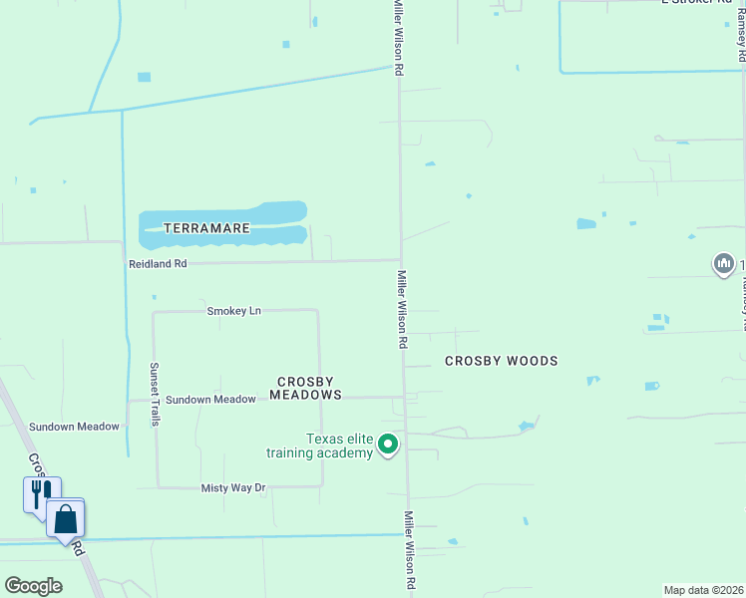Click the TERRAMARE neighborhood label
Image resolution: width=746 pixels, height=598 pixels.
click(206, 228)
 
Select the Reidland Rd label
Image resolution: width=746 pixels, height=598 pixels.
click(158, 264)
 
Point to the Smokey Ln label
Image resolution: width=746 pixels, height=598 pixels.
click(233, 311)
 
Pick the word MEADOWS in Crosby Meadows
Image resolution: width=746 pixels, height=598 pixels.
click(309, 395)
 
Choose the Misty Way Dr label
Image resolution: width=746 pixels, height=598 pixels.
click(233, 487)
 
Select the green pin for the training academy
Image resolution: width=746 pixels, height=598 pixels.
click(389, 445)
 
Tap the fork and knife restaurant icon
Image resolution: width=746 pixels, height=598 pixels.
click(41, 492)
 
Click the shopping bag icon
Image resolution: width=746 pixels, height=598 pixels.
click(66, 518)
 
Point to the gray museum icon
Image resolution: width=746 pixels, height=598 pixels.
click(723, 264)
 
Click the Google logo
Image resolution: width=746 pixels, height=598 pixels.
click(33, 586)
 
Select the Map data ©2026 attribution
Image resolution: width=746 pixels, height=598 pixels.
click(704, 590)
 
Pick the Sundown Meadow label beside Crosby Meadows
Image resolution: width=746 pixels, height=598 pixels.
click(210, 399)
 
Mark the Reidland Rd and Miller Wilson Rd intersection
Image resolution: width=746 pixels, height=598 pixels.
click(401, 261)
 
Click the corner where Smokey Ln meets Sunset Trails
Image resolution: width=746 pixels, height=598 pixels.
click(154, 312)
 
